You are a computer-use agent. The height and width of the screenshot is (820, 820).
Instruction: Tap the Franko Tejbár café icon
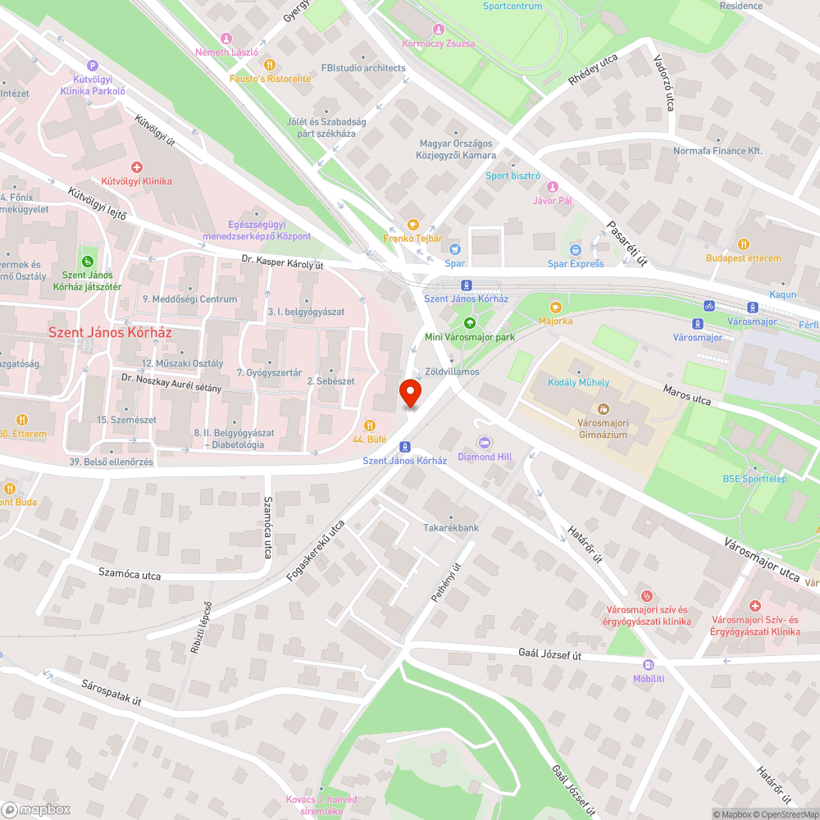(x=412, y=225)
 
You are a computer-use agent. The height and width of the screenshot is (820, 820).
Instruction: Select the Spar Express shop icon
(x=576, y=249)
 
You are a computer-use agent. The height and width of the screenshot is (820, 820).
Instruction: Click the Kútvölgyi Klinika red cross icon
(x=136, y=166)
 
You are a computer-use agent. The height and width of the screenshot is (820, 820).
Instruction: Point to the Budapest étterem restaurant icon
(x=744, y=244)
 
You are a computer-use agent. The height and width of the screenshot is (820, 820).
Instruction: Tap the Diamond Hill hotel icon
(x=484, y=443)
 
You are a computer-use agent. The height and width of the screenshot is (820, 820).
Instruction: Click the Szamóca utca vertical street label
(x=268, y=528)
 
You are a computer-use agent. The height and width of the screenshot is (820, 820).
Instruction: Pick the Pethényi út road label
(x=446, y=583)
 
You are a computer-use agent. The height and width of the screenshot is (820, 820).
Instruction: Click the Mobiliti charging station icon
(x=649, y=665)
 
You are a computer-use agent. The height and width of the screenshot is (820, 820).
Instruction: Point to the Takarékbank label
(x=450, y=528)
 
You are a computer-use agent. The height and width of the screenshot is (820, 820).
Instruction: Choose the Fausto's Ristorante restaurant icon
(x=269, y=65)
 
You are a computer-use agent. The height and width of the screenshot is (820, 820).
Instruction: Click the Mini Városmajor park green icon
(x=470, y=323)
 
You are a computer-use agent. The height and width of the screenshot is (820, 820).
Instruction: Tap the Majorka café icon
(x=556, y=307)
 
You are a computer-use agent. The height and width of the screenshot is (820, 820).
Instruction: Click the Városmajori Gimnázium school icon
(x=603, y=408)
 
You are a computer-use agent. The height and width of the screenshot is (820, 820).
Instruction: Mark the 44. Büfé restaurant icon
(x=370, y=426)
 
